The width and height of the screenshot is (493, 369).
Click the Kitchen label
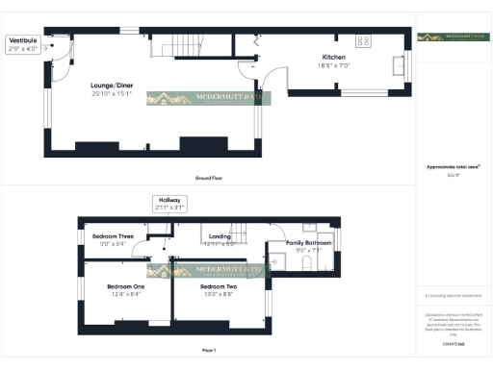coord(334,58)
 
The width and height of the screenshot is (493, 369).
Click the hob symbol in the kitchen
coord(365,41)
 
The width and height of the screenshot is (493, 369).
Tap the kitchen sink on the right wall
coord(399,65)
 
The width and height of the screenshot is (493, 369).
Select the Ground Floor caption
coord(210,179)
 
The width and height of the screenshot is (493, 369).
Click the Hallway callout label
coord(169,199)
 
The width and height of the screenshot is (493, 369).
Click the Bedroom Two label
coord(219,286)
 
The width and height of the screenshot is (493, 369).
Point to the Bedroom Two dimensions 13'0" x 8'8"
coord(219,295)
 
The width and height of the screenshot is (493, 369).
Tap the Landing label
coord(220,236)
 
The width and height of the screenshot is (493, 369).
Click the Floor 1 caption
coord(209,350)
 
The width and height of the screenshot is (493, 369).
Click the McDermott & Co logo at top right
coord(454,37)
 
